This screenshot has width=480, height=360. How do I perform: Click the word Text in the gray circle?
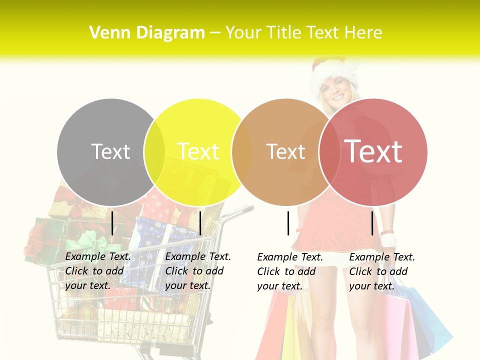point(110,151)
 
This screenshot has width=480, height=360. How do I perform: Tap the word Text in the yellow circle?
point(198,151)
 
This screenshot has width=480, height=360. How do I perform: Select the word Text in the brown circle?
point(285,151)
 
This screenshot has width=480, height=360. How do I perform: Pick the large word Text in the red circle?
point(373,151)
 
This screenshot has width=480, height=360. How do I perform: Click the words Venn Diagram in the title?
point(147,33)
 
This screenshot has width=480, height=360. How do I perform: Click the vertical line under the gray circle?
point(112,223)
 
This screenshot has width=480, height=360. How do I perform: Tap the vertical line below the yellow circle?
point(200,223)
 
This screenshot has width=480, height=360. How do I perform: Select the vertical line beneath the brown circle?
point(288,223)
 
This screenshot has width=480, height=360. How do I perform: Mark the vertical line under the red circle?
point(372,223)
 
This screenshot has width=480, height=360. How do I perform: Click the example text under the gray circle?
point(97,271)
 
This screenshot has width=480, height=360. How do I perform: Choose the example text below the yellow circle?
point(197,271)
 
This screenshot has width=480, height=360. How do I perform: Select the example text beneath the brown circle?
point(289,271)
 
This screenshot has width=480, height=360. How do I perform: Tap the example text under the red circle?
point(381,271)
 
